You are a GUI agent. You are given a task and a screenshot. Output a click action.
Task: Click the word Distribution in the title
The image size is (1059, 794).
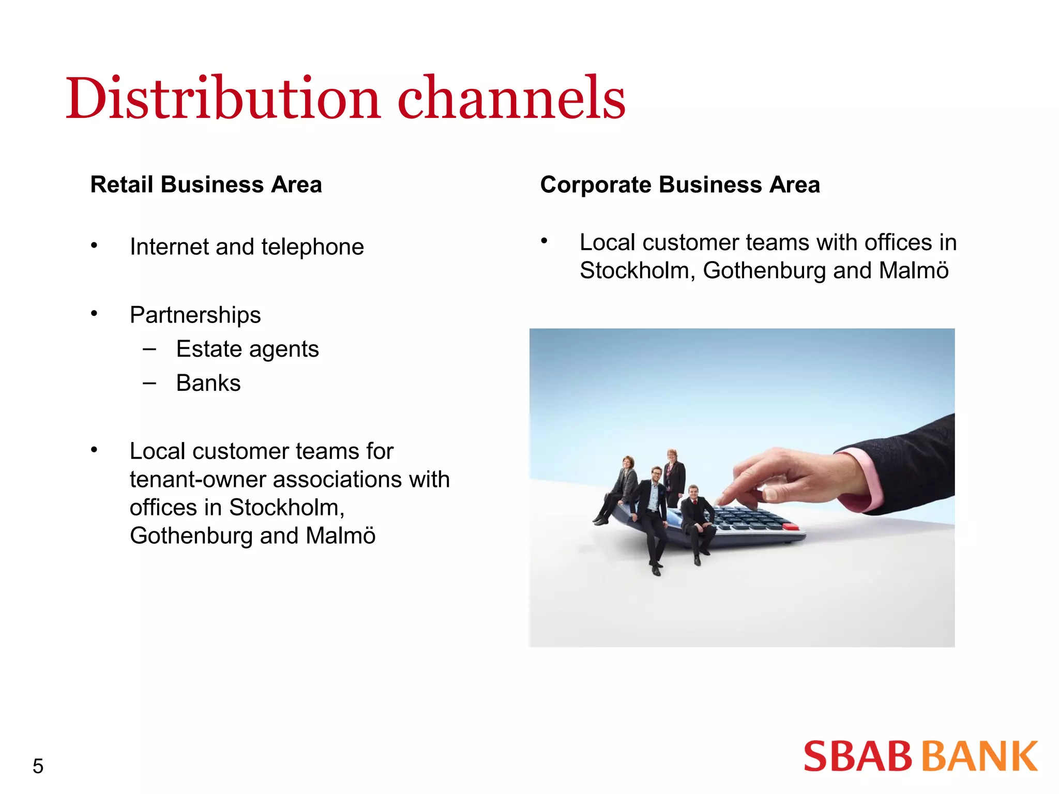click(222, 98)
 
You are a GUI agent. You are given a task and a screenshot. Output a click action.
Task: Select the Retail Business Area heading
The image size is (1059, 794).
click(206, 185)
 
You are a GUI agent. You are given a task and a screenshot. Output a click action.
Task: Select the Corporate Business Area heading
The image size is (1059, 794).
click(679, 185)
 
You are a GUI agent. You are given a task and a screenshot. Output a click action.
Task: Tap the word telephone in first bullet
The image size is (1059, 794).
click(312, 247)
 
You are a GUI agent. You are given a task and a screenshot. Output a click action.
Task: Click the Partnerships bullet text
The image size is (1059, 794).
click(195, 315)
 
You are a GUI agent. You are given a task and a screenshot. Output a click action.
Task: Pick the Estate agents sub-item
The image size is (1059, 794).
click(247, 349)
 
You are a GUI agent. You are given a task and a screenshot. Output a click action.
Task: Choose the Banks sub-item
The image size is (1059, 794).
click(208, 383)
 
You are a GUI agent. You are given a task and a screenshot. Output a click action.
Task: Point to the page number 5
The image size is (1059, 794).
click(38, 766)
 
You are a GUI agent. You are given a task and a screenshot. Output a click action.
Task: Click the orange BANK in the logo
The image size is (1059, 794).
click(980, 757)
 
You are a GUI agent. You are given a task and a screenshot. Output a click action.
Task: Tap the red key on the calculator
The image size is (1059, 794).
click(791, 526)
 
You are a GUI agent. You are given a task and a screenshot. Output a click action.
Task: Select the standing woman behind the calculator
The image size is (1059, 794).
click(674, 473)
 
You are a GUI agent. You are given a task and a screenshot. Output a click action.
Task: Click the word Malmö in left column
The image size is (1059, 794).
click(340, 536)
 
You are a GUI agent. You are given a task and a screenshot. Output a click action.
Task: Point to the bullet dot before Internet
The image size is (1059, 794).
click(94, 246)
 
